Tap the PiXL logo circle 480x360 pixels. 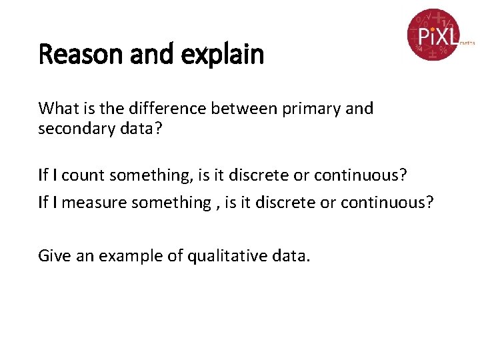tap(433, 34)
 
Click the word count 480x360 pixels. tap(83, 175)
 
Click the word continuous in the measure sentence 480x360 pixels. tap(387, 203)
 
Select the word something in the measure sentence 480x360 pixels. tap(174, 203)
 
